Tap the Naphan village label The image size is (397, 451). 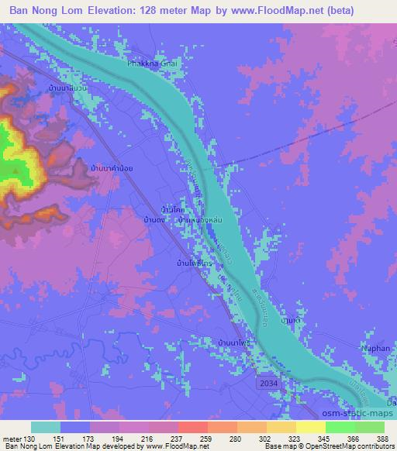point(375,349)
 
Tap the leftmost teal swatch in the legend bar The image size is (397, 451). point(46,426)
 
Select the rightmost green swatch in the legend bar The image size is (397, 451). point(370,426)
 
